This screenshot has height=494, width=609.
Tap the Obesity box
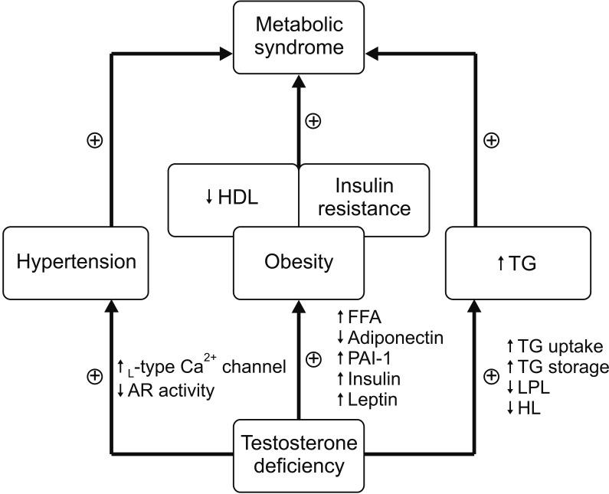(x=298, y=262)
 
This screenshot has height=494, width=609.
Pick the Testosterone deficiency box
(x=298, y=453)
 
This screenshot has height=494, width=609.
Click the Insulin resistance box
(x=362, y=197)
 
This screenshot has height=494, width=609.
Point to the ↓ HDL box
(x=232, y=197)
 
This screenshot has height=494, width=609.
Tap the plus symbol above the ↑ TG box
(x=493, y=141)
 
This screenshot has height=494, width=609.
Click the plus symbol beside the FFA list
(x=313, y=359)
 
